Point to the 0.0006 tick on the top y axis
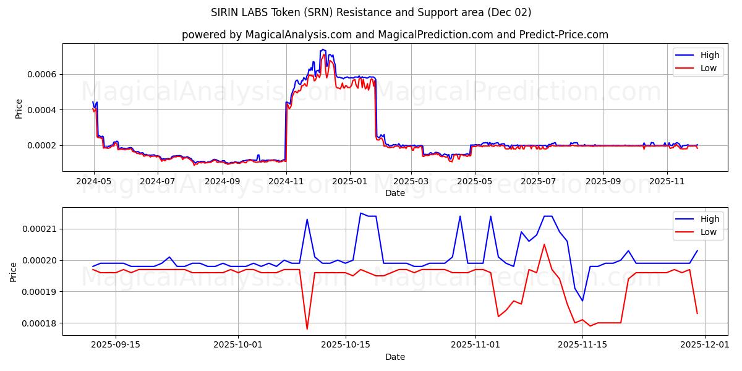click(x=41, y=74)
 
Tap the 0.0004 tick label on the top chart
click(x=41, y=110)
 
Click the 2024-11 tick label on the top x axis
click(x=286, y=181)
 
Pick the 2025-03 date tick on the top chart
click(x=411, y=181)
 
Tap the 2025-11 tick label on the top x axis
click(x=667, y=181)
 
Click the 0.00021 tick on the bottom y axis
click(x=38, y=229)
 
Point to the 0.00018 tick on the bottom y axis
click(x=38, y=323)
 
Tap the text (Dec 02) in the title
click(x=508, y=12)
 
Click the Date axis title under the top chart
click(x=395, y=193)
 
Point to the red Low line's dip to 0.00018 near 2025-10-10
click(x=307, y=328)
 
